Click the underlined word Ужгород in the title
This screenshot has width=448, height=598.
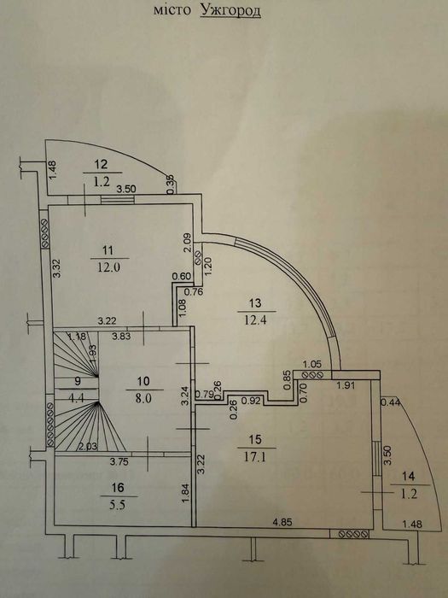coord(230,10)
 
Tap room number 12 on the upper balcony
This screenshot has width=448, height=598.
coord(101,164)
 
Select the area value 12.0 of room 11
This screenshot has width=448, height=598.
coord(110,267)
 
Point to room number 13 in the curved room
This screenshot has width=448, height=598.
coord(255,303)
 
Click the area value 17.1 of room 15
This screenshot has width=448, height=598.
coord(256,457)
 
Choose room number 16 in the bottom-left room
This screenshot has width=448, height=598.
coord(118,488)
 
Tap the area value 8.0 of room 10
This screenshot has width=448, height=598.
coord(144,398)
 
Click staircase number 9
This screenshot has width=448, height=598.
coord(78,380)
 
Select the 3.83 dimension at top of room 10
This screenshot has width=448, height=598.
coord(121,336)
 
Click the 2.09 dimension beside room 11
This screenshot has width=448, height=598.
coord(188,243)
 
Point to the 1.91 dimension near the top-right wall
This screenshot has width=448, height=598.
coord(346,385)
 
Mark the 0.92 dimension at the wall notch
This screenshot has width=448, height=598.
coord(251,402)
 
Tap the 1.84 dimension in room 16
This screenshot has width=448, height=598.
coord(185,493)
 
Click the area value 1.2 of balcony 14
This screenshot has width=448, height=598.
coord(409,495)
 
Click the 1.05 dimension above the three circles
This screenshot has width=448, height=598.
coord(312,364)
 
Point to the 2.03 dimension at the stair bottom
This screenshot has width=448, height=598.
coord(87,446)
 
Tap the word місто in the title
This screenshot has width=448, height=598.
coord(172,9)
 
